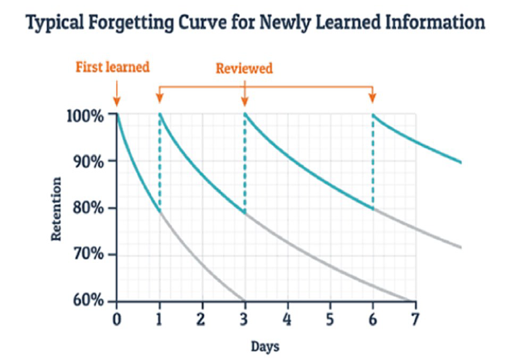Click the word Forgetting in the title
(x=125, y=22)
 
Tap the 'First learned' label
(x=114, y=67)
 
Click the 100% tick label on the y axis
(x=85, y=114)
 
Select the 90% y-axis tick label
(x=89, y=161)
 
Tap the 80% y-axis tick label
(x=89, y=207)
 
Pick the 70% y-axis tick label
(x=89, y=254)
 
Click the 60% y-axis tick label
(x=89, y=300)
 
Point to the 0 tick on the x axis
(x=116, y=317)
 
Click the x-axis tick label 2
(x=202, y=317)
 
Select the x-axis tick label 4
(x=287, y=317)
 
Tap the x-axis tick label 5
(x=329, y=317)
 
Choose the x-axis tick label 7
(x=415, y=317)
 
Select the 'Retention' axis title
(x=57, y=207)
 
